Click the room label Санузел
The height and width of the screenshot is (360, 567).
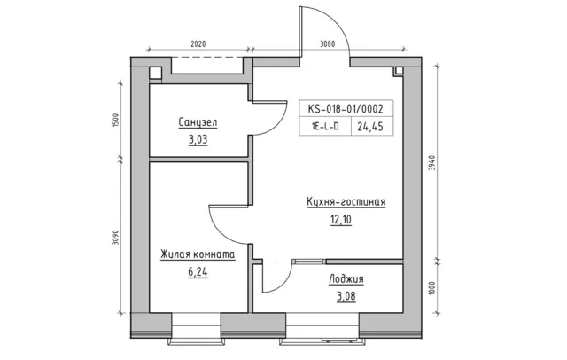click(x=197, y=122)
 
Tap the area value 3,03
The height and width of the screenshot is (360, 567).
click(x=197, y=138)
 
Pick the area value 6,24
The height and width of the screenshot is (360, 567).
click(x=197, y=273)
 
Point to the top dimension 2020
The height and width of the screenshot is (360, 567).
click(x=197, y=43)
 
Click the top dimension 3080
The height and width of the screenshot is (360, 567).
click(x=328, y=43)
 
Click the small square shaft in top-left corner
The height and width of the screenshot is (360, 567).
click(x=156, y=74)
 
